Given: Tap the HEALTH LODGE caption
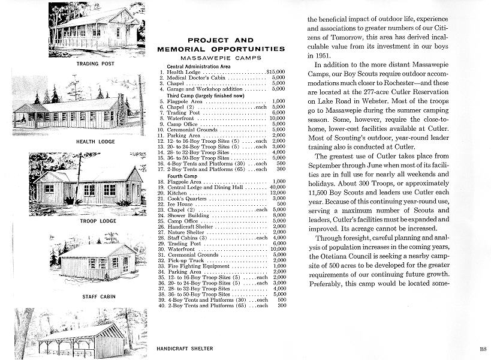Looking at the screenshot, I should coord(94,142).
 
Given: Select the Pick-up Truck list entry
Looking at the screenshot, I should coord(187,260).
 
